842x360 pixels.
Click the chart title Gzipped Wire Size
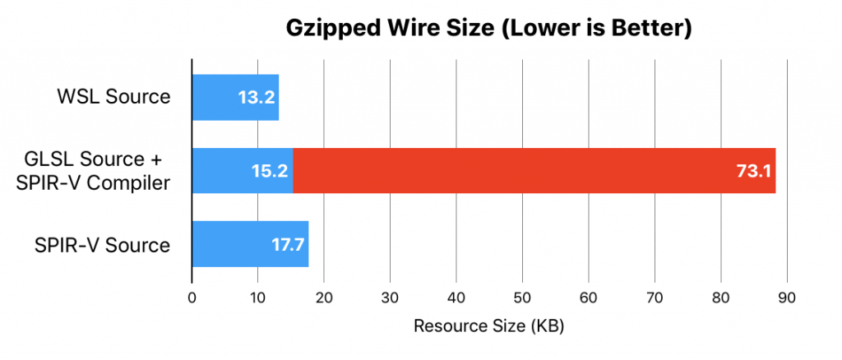coord(488,28)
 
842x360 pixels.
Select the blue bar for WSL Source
coord(235,97)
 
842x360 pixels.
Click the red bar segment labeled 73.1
coord(534,171)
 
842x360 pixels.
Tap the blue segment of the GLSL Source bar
coord(242,171)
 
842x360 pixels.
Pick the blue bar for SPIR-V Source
coord(250,244)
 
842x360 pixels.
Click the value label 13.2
coord(256,98)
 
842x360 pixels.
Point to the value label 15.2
coord(269,171)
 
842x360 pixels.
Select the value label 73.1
coord(751,171)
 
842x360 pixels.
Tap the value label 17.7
coord(287,244)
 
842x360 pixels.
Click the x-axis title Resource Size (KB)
coord(488,325)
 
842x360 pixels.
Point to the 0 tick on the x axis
coord(192,299)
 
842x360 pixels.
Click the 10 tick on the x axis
coord(257,299)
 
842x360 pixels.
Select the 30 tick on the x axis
coord(390,299)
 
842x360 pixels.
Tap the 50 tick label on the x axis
coord(522,299)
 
